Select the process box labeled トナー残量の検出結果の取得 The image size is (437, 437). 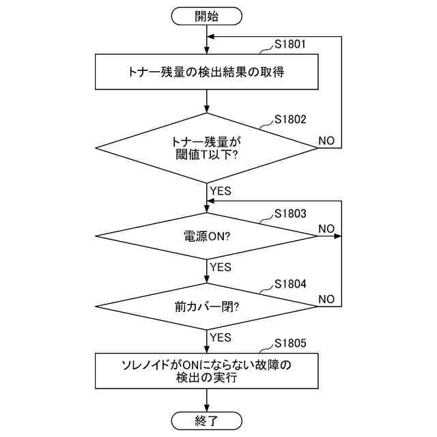[206, 72]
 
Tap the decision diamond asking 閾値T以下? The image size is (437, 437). [206, 147]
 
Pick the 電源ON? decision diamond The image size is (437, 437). [206, 236]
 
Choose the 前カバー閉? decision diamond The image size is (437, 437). [206, 306]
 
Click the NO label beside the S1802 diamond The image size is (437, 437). [326, 141]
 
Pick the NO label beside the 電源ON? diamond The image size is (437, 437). [326, 228]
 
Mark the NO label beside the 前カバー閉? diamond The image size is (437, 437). [326, 299]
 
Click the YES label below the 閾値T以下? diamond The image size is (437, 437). [221, 191]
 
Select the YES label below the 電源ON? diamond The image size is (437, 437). [221, 267]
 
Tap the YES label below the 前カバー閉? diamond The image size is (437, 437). [221, 337]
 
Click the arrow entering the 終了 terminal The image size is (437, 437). [206, 401]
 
